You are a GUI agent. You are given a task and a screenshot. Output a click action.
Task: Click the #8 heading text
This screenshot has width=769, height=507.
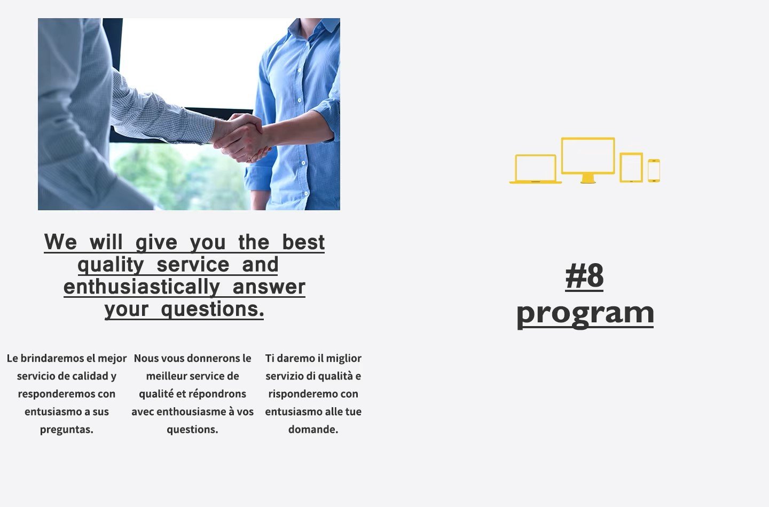click(584, 276)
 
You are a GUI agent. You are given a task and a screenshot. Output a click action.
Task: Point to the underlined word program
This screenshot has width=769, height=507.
click(585, 314)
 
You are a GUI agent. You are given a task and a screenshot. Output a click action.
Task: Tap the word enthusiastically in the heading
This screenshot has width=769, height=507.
click(142, 287)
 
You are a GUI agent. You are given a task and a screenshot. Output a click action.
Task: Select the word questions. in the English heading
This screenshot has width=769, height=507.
click(213, 310)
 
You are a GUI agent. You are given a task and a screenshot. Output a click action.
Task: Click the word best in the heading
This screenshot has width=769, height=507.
click(303, 242)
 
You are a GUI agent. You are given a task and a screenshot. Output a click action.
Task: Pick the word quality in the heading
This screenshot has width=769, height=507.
click(111, 265)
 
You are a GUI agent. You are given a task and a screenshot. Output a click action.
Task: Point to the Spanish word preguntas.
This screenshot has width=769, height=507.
click(67, 430)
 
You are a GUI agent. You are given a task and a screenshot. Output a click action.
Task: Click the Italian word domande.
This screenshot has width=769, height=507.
click(313, 430)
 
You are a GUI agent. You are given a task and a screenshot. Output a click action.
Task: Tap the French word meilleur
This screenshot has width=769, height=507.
click(166, 376)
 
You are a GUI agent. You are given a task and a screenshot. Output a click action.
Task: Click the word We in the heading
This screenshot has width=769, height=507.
click(60, 242)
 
